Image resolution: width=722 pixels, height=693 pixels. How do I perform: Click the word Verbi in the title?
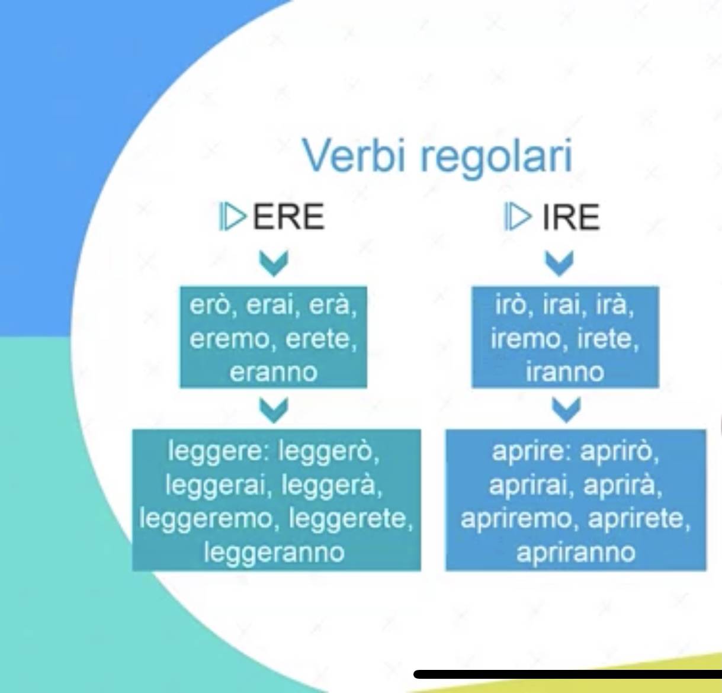tap(354, 155)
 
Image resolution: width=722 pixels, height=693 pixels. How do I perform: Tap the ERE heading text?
tap(288, 217)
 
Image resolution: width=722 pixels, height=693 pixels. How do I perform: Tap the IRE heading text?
tap(571, 217)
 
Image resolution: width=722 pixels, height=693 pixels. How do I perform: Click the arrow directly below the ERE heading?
tap(274, 263)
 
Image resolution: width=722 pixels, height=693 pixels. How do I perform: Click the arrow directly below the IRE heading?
tap(559, 263)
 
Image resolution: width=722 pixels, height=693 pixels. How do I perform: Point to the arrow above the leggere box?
tap(274, 409)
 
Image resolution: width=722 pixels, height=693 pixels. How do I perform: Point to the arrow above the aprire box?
tap(566, 409)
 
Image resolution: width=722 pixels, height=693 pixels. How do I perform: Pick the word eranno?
tap(274, 372)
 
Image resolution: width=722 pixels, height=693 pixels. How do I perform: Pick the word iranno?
tap(565, 371)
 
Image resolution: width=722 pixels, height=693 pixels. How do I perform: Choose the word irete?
tap(607, 339)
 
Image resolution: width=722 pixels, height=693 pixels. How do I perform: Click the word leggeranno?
tap(275, 553)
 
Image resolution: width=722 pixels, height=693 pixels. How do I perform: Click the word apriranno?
tap(576, 553)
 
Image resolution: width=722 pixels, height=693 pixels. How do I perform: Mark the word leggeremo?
tap(206, 519)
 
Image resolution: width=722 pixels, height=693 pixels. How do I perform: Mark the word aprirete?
tap(639, 519)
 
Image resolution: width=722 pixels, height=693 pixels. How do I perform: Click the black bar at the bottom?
tap(567, 674)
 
